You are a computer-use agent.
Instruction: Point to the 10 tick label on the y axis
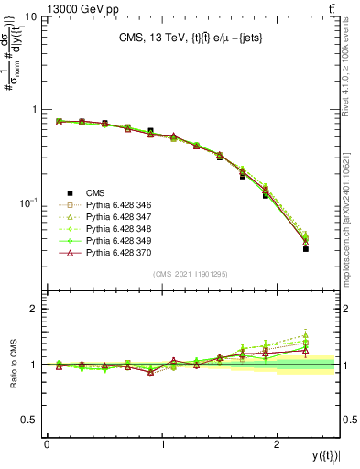pos(30,17)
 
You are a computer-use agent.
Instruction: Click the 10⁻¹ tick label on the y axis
pos(27,202)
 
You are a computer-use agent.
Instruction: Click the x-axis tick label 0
pos(47,444)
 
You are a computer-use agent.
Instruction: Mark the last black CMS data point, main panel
pos(306,248)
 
